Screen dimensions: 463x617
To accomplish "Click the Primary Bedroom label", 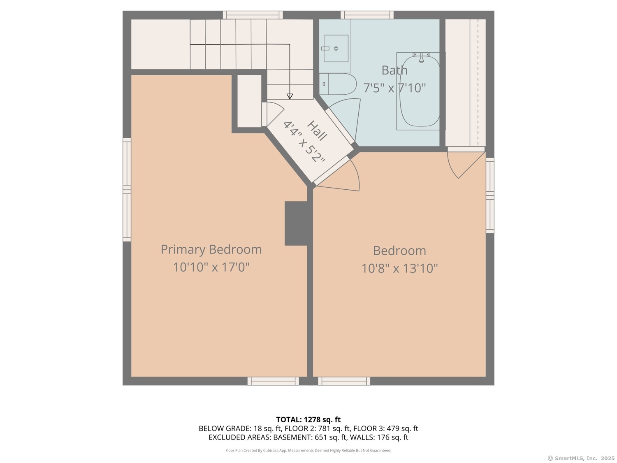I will click(x=211, y=249).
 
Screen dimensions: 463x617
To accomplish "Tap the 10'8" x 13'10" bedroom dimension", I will click(x=399, y=268).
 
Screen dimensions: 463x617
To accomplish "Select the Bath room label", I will click(x=394, y=70).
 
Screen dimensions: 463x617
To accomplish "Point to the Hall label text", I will click(x=317, y=130).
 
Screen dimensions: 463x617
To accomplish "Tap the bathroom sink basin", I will click(x=336, y=49).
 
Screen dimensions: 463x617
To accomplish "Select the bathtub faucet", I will click(x=421, y=57).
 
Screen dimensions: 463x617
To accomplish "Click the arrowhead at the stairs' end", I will click(x=290, y=96).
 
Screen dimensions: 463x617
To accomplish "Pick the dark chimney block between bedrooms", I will click(x=296, y=223).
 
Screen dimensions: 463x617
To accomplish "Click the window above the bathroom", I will click(x=367, y=15).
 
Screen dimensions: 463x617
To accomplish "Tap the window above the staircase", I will click(x=253, y=15).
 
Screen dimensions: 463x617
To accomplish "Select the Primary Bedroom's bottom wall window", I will click(x=273, y=381).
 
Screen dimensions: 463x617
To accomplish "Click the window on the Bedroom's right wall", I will click(x=490, y=195).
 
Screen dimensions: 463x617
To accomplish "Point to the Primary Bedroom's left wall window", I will click(x=127, y=190).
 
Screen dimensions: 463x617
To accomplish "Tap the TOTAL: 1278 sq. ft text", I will click(x=308, y=420).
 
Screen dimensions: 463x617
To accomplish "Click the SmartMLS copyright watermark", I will click(x=581, y=458).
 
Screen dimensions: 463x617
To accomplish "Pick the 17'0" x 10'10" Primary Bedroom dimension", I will click(x=211, y=267).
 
